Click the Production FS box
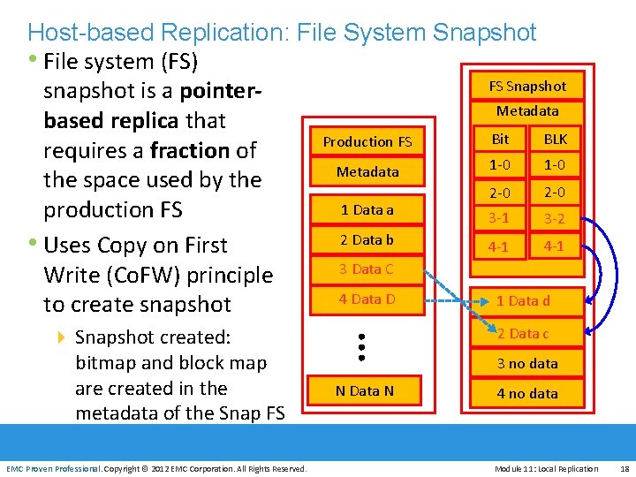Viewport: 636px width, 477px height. tap(367, 141)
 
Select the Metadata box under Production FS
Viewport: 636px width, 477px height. tap(367, 171)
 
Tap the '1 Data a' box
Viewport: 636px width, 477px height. tap(367, 210)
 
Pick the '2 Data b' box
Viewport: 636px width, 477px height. tap(367, 239)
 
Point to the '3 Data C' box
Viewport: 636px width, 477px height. tap(367, 269)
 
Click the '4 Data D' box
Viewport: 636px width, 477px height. tap(367, 299)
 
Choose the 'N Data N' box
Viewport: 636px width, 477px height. tap(365, 390)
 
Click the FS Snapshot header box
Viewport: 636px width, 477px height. tap(527, 86)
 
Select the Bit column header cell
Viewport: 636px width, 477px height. tap(500, 139)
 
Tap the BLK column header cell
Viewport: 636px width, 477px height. tap(556, 139)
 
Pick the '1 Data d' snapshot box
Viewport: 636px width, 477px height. tap(523, 301)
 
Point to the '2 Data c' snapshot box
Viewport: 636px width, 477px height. tap(523, 334)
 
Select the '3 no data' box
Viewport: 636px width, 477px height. tap(527, 363)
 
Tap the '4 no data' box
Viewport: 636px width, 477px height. tap(527, 393)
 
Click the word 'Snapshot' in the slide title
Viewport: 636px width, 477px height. tap(484, 33)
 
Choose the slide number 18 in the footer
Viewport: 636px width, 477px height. tap(625, 468)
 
